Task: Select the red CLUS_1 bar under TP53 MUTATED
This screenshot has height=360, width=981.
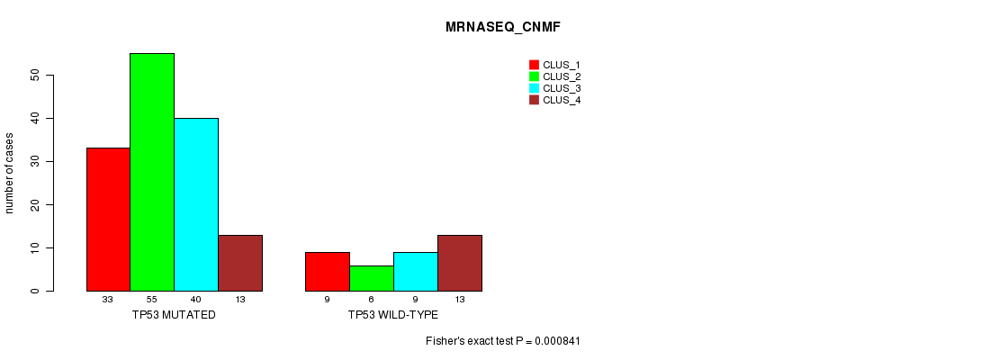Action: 108,220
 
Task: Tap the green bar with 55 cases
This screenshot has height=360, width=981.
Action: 152,172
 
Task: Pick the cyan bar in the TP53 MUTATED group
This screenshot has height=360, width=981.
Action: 196,204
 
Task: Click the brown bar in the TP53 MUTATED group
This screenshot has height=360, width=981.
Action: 240,263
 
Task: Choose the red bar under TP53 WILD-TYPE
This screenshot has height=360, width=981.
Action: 328,272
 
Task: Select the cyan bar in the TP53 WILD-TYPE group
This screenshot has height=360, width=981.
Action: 416,272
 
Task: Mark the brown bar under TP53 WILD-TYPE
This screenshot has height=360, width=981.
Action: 460,263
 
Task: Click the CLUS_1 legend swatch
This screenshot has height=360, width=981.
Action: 534,65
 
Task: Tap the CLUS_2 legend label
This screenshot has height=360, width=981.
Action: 562,76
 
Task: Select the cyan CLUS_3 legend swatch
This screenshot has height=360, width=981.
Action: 534,88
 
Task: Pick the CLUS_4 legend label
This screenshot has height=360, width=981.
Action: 562,100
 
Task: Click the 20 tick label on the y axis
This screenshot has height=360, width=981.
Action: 34,204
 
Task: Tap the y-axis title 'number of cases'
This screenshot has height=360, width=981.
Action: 9,173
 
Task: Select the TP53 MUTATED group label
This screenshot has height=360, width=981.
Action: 174,315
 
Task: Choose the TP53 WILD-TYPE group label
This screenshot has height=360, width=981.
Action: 393,315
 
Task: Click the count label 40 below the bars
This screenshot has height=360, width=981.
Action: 196,300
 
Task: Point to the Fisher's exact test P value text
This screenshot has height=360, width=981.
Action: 503,341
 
